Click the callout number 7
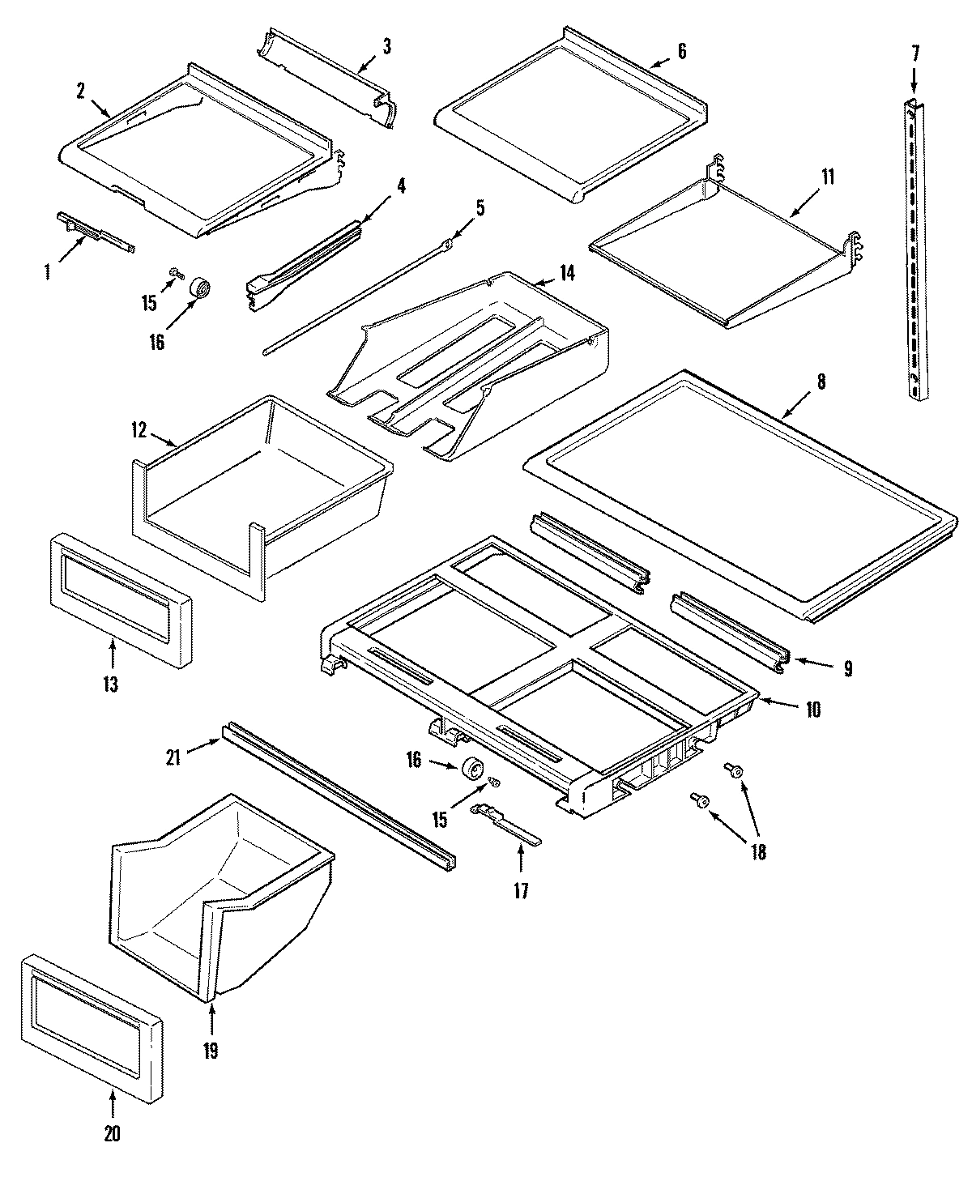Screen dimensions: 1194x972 (x=915, y=54)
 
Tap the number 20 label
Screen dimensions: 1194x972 (x=112, y=1133)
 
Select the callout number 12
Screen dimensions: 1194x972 (x=139, y=430)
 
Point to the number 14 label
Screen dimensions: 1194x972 (x=566, y=273)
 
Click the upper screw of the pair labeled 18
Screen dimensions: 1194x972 (x=735, y=770)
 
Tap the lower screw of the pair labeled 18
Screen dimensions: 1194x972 (x=699, y=800)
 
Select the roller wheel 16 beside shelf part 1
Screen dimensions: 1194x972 (x=198, y=288)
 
